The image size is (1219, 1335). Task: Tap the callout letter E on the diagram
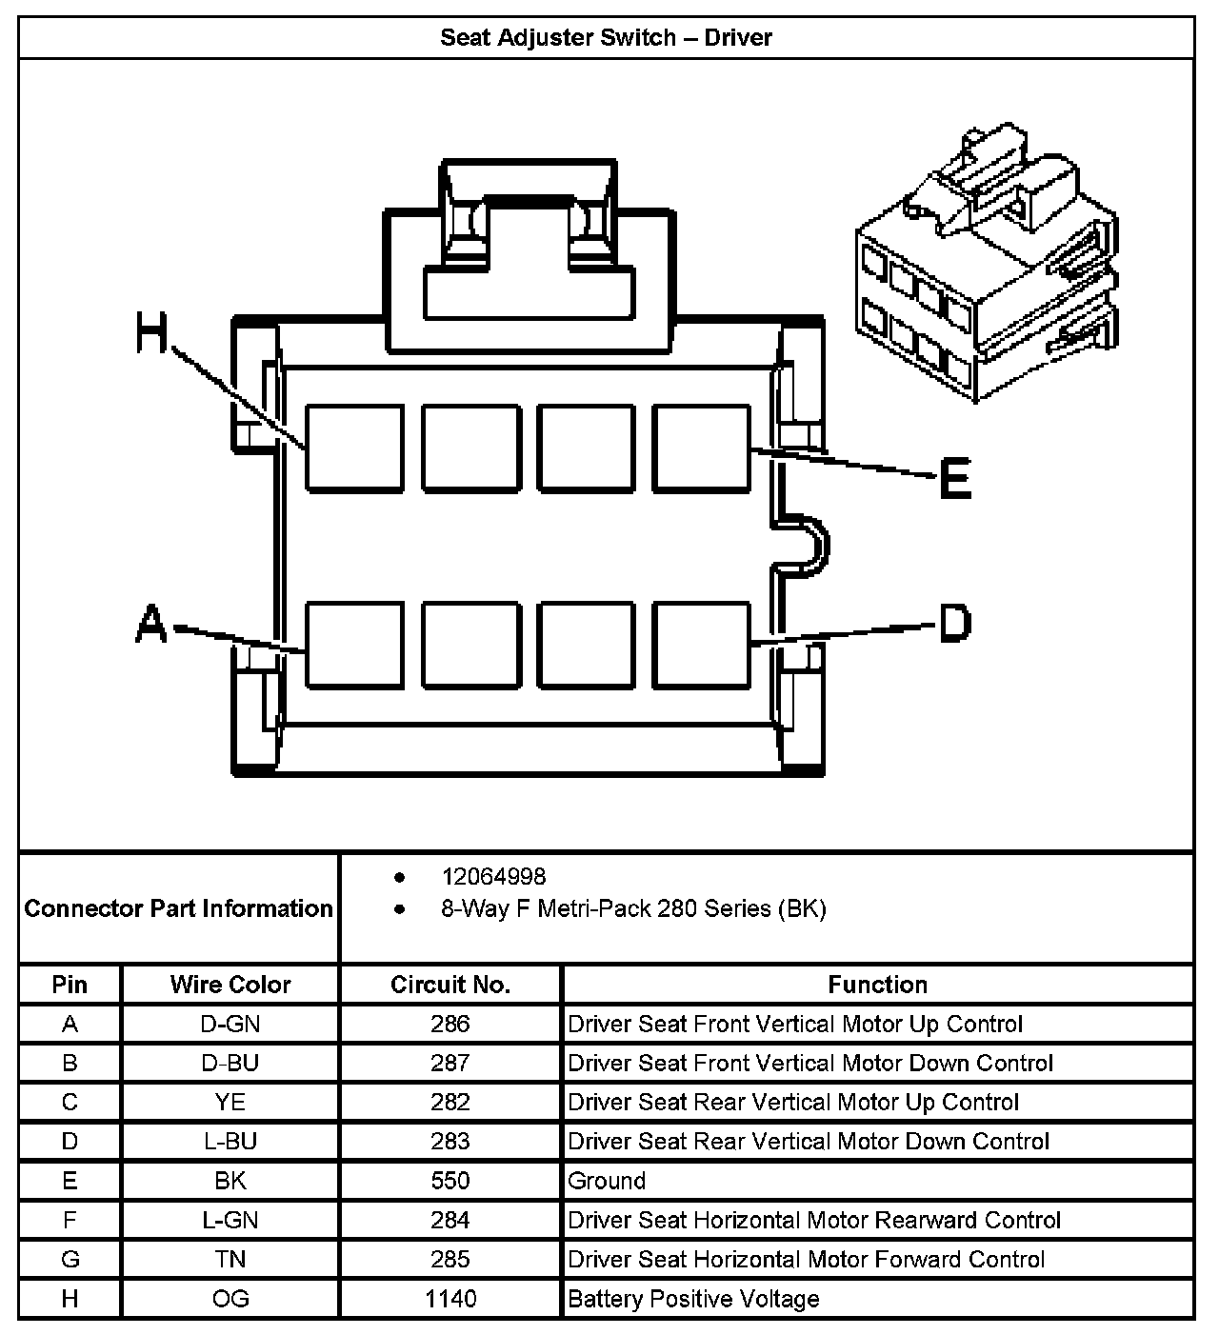pos(954,478)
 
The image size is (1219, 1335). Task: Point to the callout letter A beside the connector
pos(151,626)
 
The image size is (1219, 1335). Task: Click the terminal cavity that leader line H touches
pos(354,448)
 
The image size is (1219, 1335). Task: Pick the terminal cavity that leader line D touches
pos(701,645)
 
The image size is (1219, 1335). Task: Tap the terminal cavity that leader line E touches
pos(701,448)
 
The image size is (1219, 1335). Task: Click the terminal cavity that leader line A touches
pos(354,645)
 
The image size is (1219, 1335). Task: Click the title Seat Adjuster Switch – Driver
pos(606,38)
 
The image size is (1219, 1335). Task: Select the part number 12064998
pos(493,876)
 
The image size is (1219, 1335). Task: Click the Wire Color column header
pos(230,985)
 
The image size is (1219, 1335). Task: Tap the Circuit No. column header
pos(450,985)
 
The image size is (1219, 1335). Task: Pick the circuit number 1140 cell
pos(450,1299)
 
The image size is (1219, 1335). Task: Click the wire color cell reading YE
pos(230,1103)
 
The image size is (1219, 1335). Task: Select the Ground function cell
pos(607,1182)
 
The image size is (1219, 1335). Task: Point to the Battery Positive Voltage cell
pos(693,1299)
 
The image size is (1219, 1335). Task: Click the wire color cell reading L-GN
pos(230,1221)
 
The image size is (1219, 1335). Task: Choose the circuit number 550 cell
pos(450,1182)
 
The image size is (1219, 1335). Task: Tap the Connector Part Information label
pos(179,908)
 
